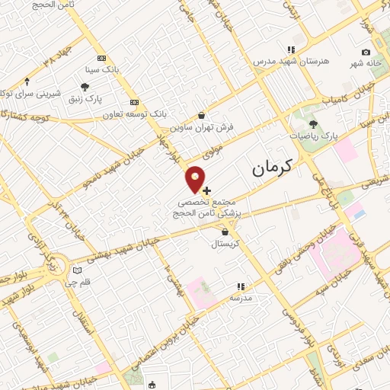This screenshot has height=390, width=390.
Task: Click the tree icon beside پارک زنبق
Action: tap(85, 88)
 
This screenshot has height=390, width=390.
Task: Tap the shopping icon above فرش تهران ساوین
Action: tap(200, 115)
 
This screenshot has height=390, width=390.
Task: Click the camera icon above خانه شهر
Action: tap(366, 52)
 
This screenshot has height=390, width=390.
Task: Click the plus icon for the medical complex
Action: tap(206, 189)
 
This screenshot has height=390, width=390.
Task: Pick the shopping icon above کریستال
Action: tap(225, 232)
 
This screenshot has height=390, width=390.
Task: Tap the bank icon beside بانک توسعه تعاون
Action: tap(135, 102)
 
